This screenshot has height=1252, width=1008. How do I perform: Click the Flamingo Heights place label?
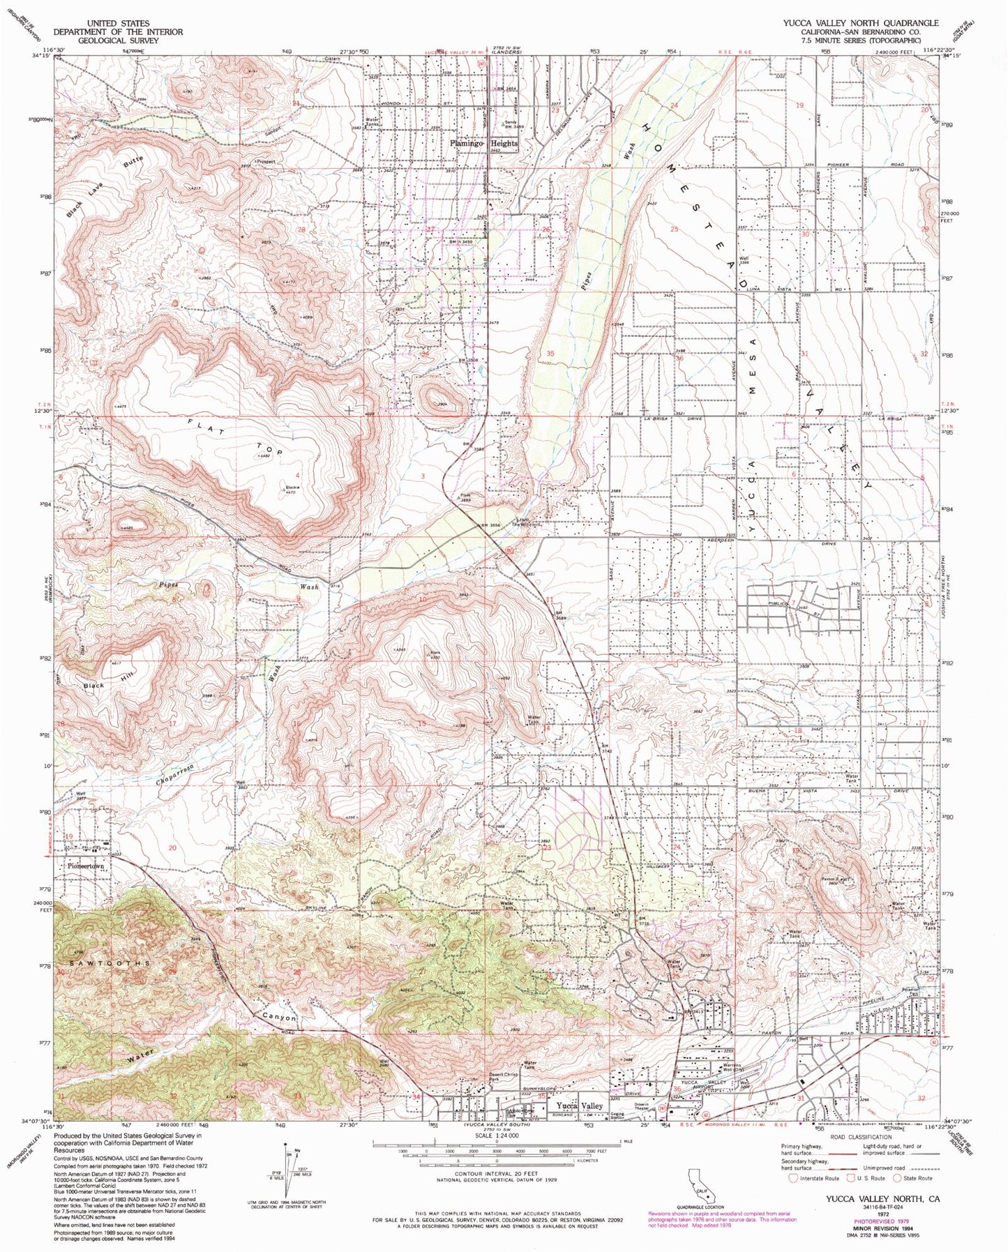pyautogui.click(x=483, y=143)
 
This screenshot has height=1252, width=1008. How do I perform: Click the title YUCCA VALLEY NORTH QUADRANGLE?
pyautogui.click(x=860, y=22)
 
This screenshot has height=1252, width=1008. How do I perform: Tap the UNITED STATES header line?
pyautogui.click(x=118, y=22)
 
